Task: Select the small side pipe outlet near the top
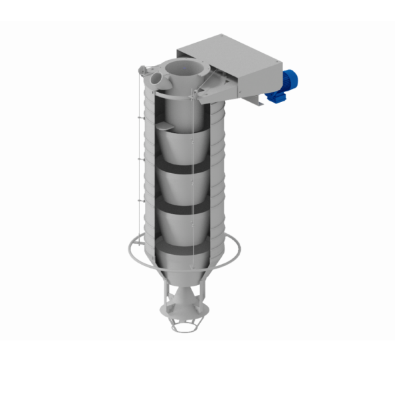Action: pos(155,77)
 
